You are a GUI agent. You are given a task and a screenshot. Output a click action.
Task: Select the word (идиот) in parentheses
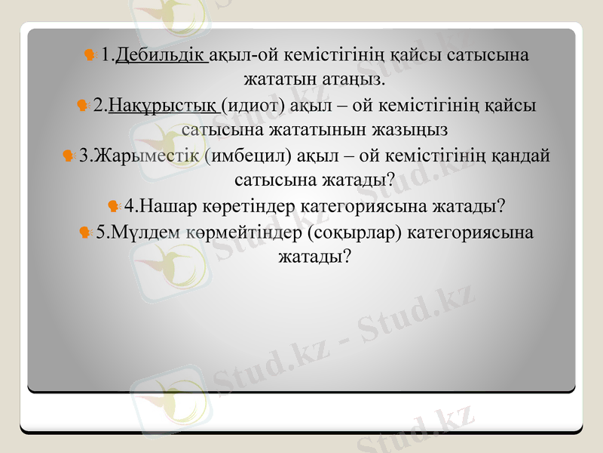[253, 105]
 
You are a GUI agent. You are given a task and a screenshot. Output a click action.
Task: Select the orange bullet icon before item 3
[69, 156]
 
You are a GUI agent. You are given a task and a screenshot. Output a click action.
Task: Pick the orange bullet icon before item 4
[113, 205]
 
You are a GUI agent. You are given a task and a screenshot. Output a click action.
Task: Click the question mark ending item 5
[346, 257]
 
